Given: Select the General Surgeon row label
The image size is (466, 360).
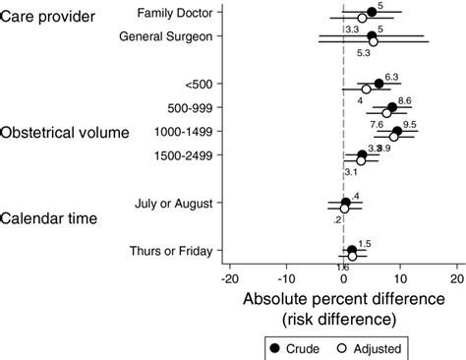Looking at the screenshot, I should tap(173, 37).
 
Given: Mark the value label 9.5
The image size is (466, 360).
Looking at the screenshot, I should tap(410, 125).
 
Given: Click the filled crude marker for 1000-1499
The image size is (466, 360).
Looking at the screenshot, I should tap(396, 131).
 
